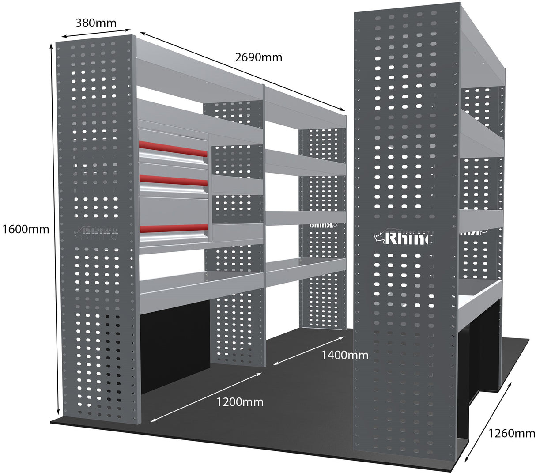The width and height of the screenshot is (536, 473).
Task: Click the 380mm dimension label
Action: [x=96, y=23]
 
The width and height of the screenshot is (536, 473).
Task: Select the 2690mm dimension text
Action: [x=258, y=57]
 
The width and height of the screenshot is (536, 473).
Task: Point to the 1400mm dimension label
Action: [x=344, y=355]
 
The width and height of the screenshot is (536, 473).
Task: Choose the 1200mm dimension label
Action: [x=239, y=402]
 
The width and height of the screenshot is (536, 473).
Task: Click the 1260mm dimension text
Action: [x=512, y=433]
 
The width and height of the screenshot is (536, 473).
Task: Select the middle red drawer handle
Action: [x=173, y=180]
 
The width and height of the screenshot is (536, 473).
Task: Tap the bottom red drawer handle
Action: [x=173, y=228]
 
